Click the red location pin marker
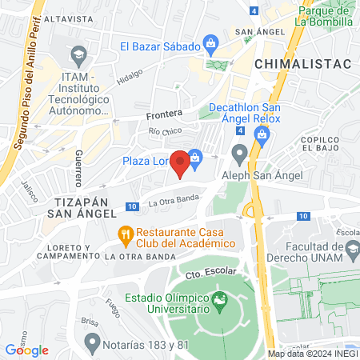pos(181,162)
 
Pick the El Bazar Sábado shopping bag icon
pos(210,43)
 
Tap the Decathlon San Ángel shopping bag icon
pos(261,134)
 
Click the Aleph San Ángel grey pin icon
pos(238,152)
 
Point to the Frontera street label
pos(164,114)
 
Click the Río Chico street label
pos(165,130)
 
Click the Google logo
pos(26,350)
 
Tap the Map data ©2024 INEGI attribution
pos(312,354)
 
